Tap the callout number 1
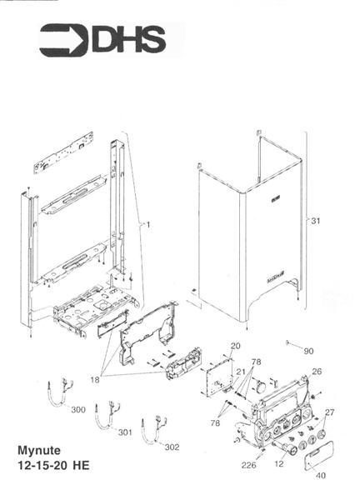[x=148, y=224]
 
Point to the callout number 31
[x=315, y=221]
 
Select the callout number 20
[x=235, y=345]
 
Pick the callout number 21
[x=241, y=372]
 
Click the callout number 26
[x=317, y=372]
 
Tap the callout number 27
[x=329, y=412]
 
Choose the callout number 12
[x=278, y=464]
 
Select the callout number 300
[x=77, y=410]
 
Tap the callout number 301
[x=124, y=432]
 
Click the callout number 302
[x=172, y=447]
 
